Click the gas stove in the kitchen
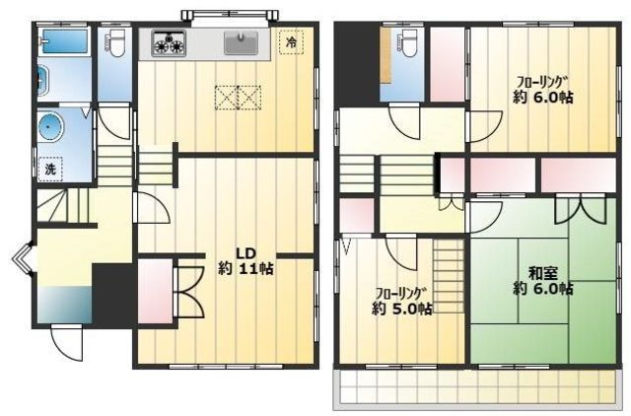[169, 43]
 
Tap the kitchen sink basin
[241, 43]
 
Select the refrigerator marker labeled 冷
[291, 42]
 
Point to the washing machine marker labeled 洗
[50, 170]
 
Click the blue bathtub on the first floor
[65, 41]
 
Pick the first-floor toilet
[114, 43]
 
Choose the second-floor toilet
[407, 42]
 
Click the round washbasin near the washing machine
[50, 125]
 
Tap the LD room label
[245, 254]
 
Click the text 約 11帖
[245, 268]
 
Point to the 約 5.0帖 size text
[402, 309]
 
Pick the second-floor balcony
[477, 388]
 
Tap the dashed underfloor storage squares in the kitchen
[238, 98]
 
